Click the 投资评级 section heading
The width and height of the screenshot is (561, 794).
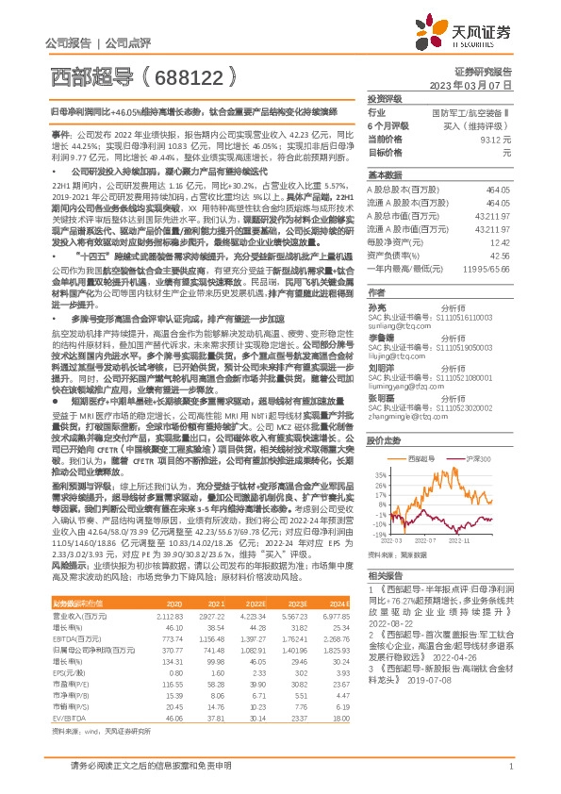(x=385, y=99)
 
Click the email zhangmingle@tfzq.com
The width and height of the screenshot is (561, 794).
(x=402, y=389)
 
